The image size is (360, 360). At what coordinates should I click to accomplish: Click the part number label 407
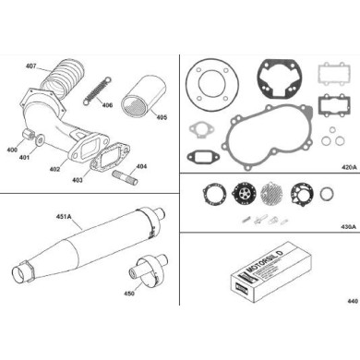31,66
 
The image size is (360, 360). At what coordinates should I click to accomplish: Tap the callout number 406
108,105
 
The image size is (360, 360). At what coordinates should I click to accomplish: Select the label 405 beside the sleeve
162,117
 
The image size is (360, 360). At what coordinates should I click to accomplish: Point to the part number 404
141,167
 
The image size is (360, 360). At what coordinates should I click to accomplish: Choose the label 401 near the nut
25,157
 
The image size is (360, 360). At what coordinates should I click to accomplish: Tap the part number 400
11,149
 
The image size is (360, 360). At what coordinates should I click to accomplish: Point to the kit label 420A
348,169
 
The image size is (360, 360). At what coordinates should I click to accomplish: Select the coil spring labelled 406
93,90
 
